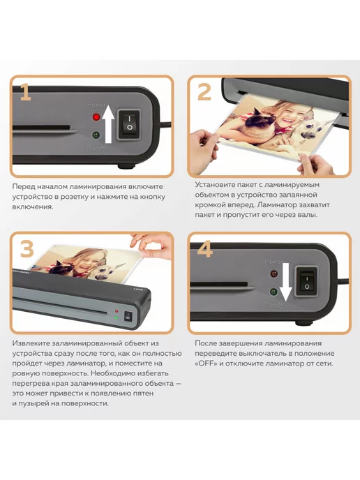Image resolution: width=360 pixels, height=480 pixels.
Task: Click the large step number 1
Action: click(x=26, y=92)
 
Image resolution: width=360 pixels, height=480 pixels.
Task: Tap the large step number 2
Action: click(x=204, y=92)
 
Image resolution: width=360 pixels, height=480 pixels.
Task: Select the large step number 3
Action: click(x=27, y=249)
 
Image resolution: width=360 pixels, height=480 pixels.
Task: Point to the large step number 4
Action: click(x=205, y=249)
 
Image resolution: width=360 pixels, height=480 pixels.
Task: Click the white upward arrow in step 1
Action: click(x=108, y=123)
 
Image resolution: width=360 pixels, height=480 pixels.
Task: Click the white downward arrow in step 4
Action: click(x=286, y=282)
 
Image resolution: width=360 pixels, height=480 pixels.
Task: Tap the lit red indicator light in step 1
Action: click(x=96, y=117)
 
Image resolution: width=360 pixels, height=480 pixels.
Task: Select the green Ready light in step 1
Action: click(x=96, y=135)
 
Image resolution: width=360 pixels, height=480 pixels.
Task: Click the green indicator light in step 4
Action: click(x=273, y=292)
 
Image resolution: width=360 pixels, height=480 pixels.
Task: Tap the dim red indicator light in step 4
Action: click(x=274, y=273)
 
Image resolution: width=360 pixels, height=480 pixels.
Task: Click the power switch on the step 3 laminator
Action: click(x=128, y=316)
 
